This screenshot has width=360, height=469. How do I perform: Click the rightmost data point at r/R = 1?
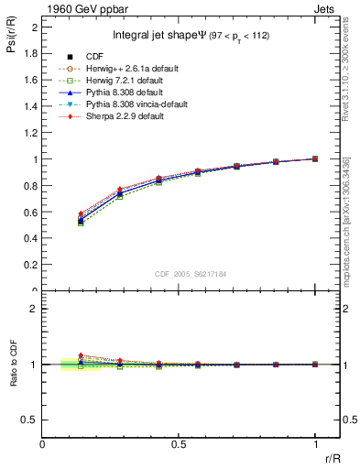315,158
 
